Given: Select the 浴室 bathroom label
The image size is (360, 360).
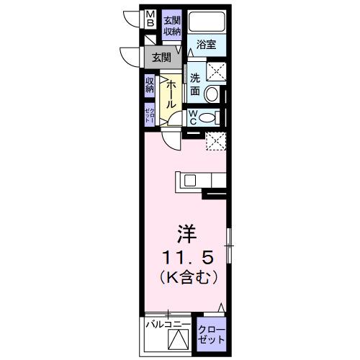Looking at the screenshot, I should click(207, 45).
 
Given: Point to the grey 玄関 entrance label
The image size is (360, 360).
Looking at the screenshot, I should click(161, 58).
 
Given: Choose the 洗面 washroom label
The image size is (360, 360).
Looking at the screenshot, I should click(195, 86).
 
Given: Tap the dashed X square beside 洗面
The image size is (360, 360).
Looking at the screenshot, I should click(215, 71).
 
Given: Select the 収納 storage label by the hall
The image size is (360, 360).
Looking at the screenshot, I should click(150, 86).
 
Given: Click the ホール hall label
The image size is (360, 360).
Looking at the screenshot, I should click(171, 95).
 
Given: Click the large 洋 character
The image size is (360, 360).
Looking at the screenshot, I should click(186, 234).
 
